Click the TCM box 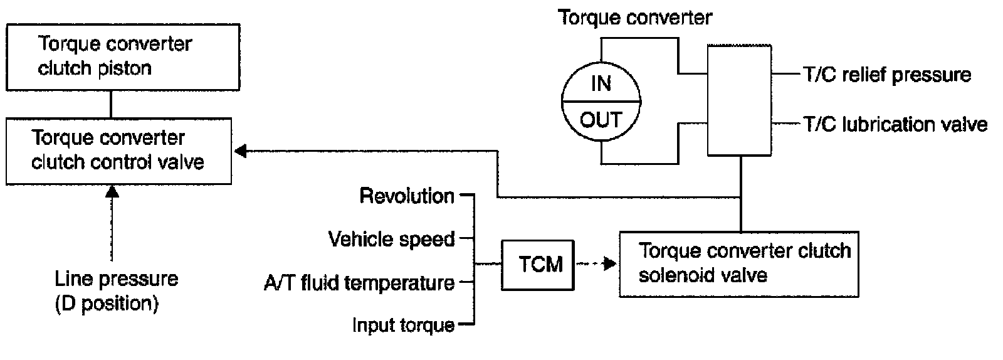(538, 264)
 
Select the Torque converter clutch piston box (122, 56)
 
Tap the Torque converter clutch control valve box (118, 150)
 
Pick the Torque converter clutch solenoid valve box (738, 264)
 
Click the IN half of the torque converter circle (601, 83)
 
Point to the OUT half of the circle (601, 119)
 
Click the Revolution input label (407, 196)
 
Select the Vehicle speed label (391, 239)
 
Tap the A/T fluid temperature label (359, 283)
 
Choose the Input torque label (403, 325)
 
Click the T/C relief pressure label (886, 75)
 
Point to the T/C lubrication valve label (895, 124)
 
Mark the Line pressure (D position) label (117, 291)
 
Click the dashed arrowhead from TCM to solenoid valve (609, 264)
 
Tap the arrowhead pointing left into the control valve (241, 151)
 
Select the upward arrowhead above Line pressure (112, 191)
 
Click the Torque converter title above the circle (635, 17)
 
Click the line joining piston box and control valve (112, 104)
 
